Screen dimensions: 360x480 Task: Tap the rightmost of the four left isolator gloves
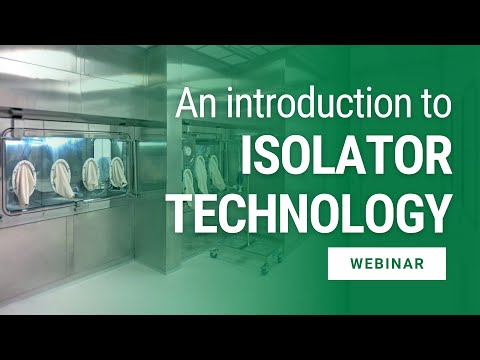(117, 171)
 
